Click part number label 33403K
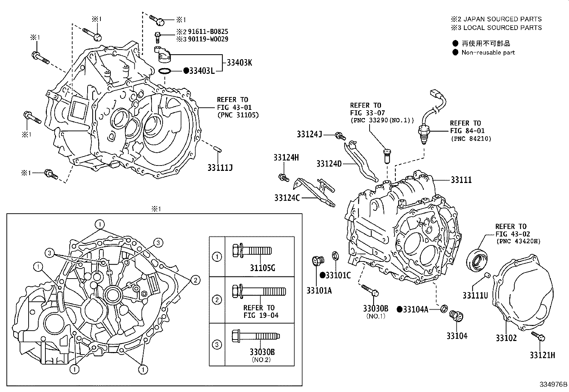239,63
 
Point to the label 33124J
310,134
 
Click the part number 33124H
286,157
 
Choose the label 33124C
287,198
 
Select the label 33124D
329,164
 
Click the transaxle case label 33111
461,180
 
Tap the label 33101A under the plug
319,291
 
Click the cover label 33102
506,337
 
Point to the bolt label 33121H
542,355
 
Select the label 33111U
475,295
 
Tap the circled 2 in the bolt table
217,300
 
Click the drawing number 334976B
553,385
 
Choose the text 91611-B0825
208,32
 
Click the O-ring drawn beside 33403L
164,71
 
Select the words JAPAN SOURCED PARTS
505,19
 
